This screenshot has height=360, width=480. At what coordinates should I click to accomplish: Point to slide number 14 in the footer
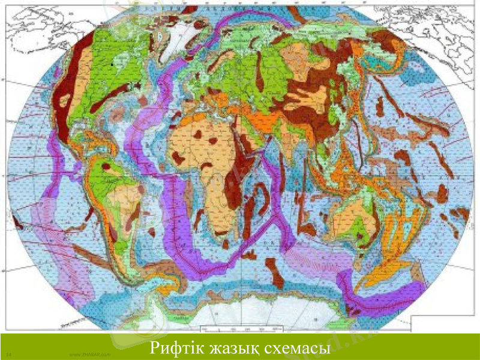pos(9,355)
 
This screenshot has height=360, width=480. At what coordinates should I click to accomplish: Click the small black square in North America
pos(112,62)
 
